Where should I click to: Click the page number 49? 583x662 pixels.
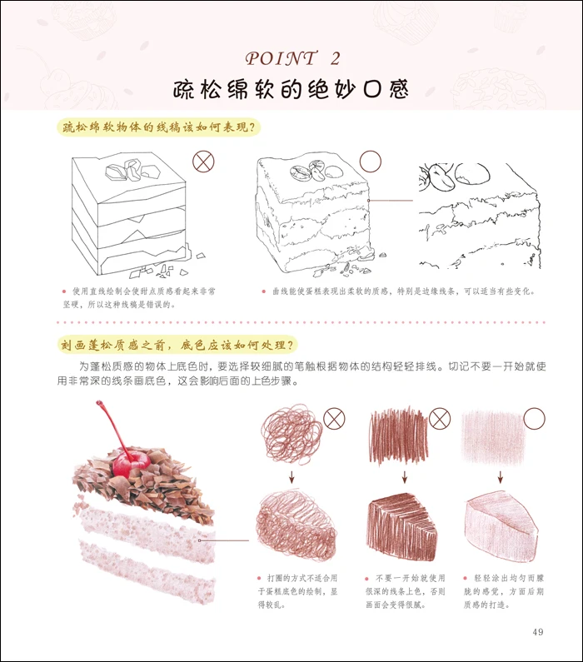tap(538, 632)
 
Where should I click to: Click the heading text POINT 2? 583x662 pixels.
tap(292, 58)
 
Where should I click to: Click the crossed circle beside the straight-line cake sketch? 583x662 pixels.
tap(203, 162)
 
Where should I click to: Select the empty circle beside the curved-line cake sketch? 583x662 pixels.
tap(371, 162)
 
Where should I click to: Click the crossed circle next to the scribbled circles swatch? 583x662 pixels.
tap(334, 419)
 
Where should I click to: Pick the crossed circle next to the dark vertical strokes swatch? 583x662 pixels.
tap(440, 419)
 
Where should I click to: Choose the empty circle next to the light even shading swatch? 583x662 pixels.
tap(534, 418)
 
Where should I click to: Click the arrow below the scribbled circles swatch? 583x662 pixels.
tap(291, 477)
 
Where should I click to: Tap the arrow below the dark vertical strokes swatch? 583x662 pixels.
tap(405, 477)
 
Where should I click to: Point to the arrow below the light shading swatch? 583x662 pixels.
tap(501, 477)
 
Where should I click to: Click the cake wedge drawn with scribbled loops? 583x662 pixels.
tap(296, 524)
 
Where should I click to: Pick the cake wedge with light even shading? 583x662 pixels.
tap(501, 526)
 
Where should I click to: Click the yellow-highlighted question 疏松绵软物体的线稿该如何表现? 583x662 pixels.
tap(159, 127)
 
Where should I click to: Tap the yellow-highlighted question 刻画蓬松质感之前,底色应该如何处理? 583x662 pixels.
tap(177, 345)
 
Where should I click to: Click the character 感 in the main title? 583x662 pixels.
tap(399, 89)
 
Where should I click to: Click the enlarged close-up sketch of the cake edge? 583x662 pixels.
tap(480, 217)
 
